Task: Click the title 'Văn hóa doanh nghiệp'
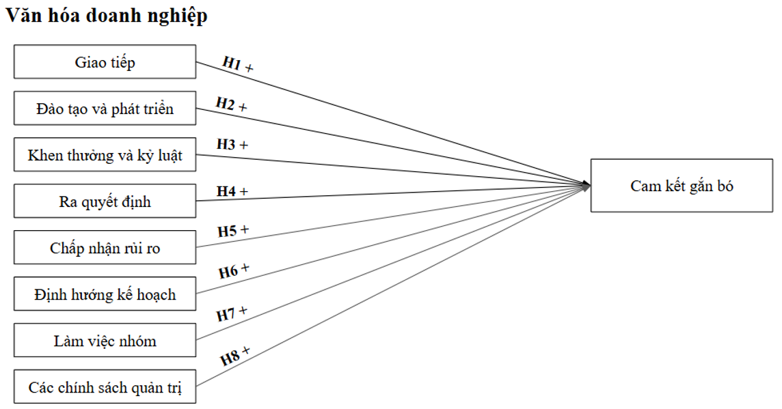coord(106,17)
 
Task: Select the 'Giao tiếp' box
coord(105,62)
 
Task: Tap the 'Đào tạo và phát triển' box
coord(105,109)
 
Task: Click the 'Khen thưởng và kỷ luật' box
coord(105,155)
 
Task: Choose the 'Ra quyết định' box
coord(105,201)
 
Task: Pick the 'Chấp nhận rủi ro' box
coord(105,248)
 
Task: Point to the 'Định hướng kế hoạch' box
coord(105,294)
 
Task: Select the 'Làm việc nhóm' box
coord(105,341)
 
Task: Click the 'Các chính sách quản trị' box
coord(105,387)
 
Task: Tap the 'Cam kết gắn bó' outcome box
coord(682,186)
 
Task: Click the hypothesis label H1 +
coord(238,64)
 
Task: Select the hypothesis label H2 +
coord(232,105)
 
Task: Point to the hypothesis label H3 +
coord(232,145)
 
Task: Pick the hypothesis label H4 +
coord(232,191)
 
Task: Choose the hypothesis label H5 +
coord(232,231)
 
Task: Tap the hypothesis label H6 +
coord(234,271)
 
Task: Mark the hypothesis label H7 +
coord(232,313)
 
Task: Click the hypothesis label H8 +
coord(235,356)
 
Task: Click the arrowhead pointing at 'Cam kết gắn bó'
coord(586,185)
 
